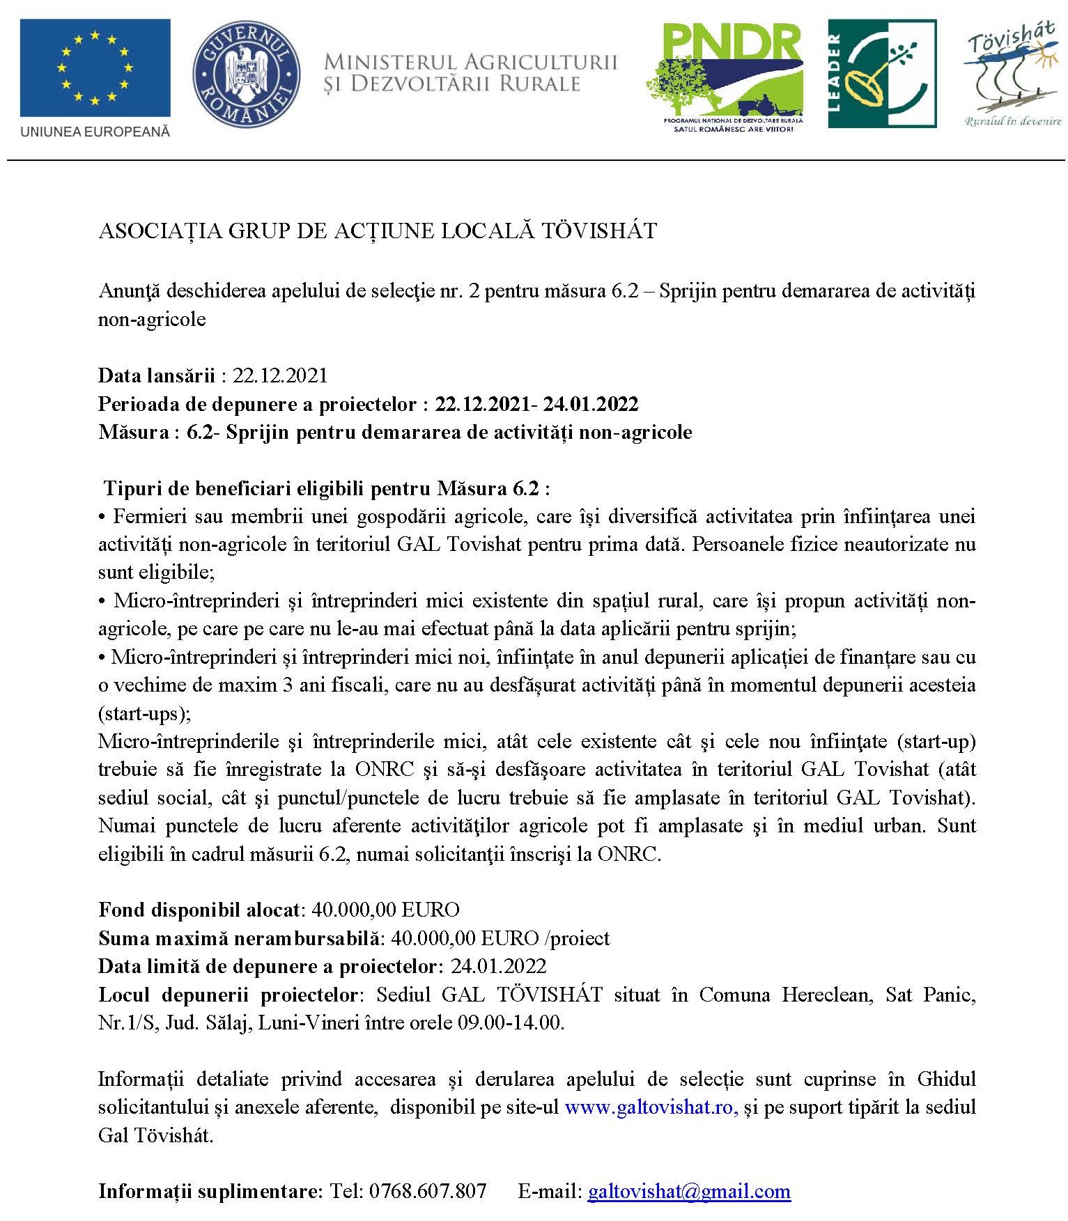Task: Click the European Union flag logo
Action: pos(95,68)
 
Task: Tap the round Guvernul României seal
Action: pos(246,74)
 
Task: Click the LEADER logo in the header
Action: pos(881,74)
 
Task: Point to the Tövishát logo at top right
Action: pos(1012,74)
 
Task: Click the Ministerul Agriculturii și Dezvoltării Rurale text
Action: pos(470,73)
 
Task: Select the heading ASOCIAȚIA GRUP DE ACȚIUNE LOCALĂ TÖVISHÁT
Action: pos(378,231)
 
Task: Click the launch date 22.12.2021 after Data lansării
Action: pos(279,376)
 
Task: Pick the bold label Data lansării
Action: pos(156,376)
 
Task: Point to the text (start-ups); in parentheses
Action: pos(144,713)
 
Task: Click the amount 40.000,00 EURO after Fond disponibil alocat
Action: pos(385,910)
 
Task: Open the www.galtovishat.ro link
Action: pos(651,1107)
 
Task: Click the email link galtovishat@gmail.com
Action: pos(689,1192)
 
